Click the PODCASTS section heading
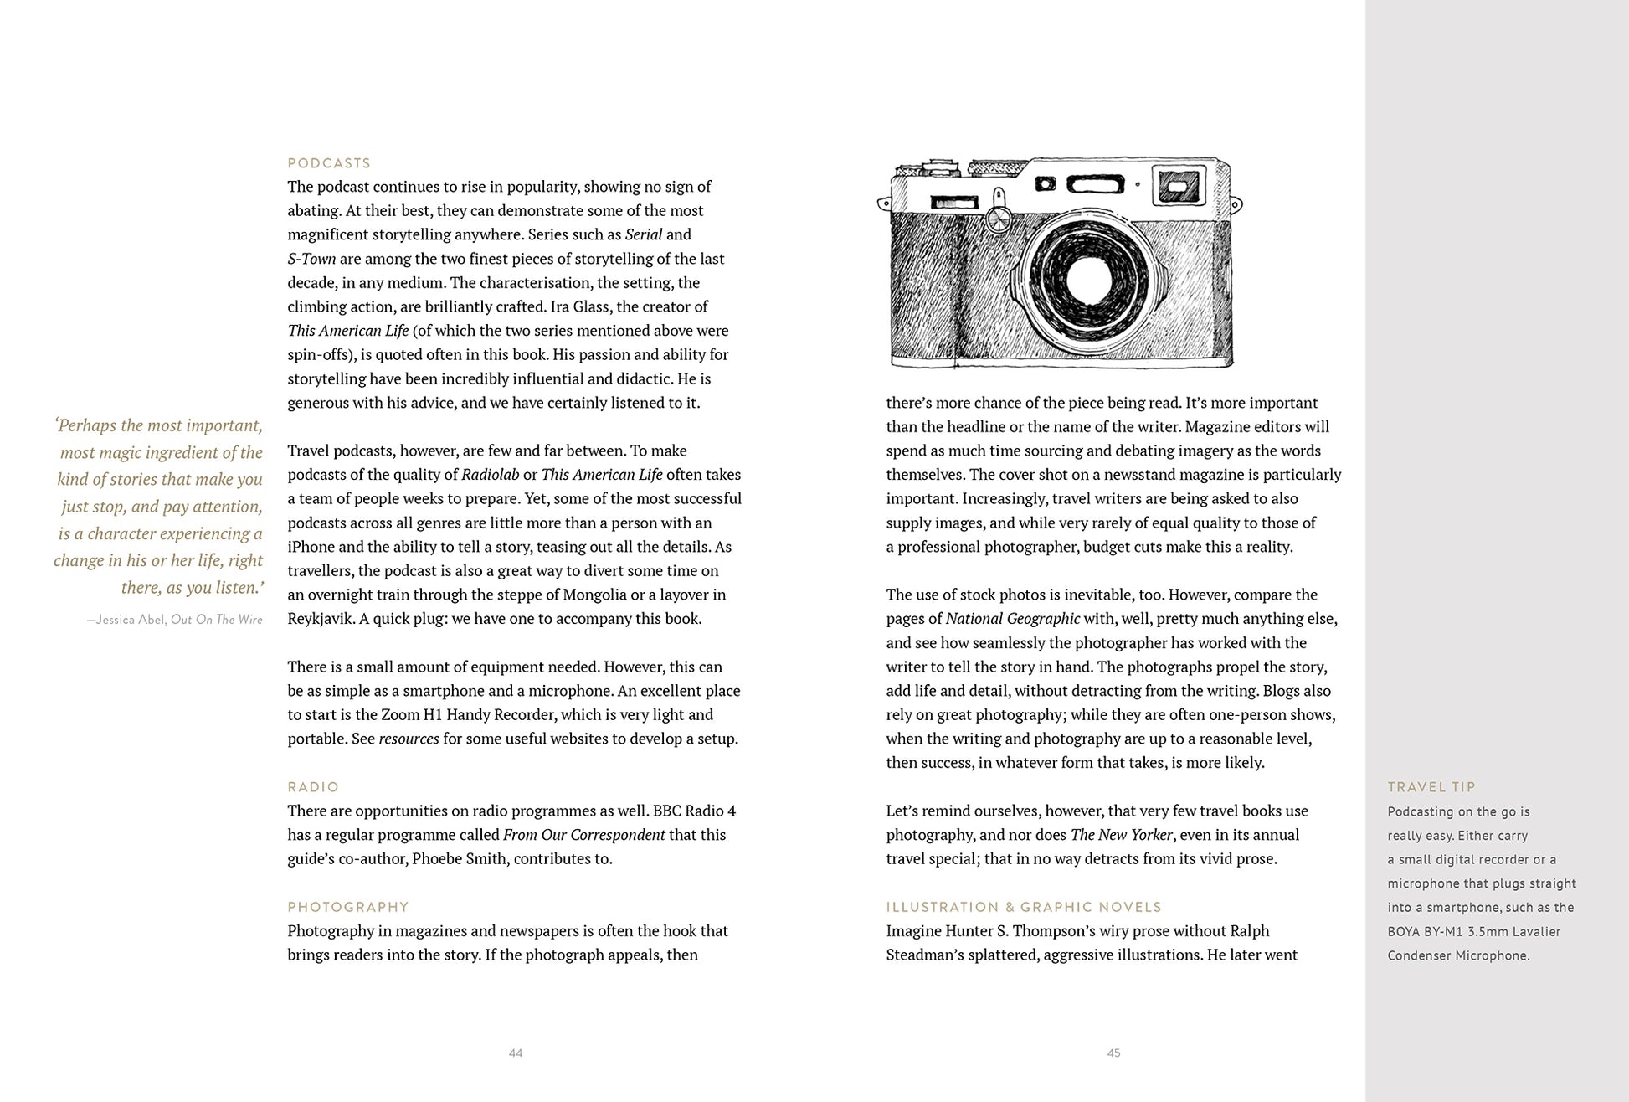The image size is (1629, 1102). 329,163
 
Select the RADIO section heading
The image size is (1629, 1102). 313,787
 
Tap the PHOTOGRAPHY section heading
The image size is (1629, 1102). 348,907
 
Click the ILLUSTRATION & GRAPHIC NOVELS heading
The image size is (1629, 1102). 1024,907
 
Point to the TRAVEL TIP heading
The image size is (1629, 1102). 1431,787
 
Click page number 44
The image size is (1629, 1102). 516,1053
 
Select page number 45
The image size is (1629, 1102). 1113,1053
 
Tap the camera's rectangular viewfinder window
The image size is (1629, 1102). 1177,185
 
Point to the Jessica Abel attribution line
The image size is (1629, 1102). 174,620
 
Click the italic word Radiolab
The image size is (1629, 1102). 491,475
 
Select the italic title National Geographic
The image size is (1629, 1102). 1013,619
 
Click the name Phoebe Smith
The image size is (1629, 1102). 460,858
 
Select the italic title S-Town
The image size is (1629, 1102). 311,259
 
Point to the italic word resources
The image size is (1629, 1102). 409,739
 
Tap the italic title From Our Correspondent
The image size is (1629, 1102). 583,835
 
